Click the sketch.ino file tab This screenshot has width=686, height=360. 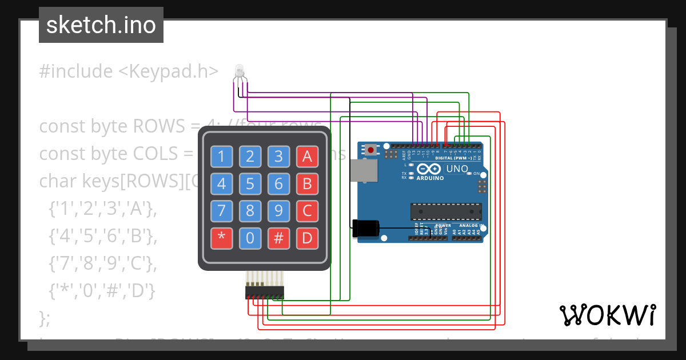[101, 25]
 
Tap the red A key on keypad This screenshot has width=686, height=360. [307, 156]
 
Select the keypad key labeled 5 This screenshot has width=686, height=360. [250, 183]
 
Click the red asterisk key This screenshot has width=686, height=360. [221, 238]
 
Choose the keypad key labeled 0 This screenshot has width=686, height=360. [250, 238]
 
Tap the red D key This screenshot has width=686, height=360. [307, 238]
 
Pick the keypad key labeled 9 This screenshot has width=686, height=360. [278, 211]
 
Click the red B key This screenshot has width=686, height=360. [307, 183]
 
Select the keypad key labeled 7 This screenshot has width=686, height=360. [221, 211]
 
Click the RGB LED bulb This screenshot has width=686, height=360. [240, 71]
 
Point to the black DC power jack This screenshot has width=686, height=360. [364, 228]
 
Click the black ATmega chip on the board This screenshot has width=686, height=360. [444, 211]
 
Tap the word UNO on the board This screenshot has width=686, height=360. [457, 169]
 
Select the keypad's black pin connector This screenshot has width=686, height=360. [265, 293]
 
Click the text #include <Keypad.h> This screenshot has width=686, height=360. [129, 71]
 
